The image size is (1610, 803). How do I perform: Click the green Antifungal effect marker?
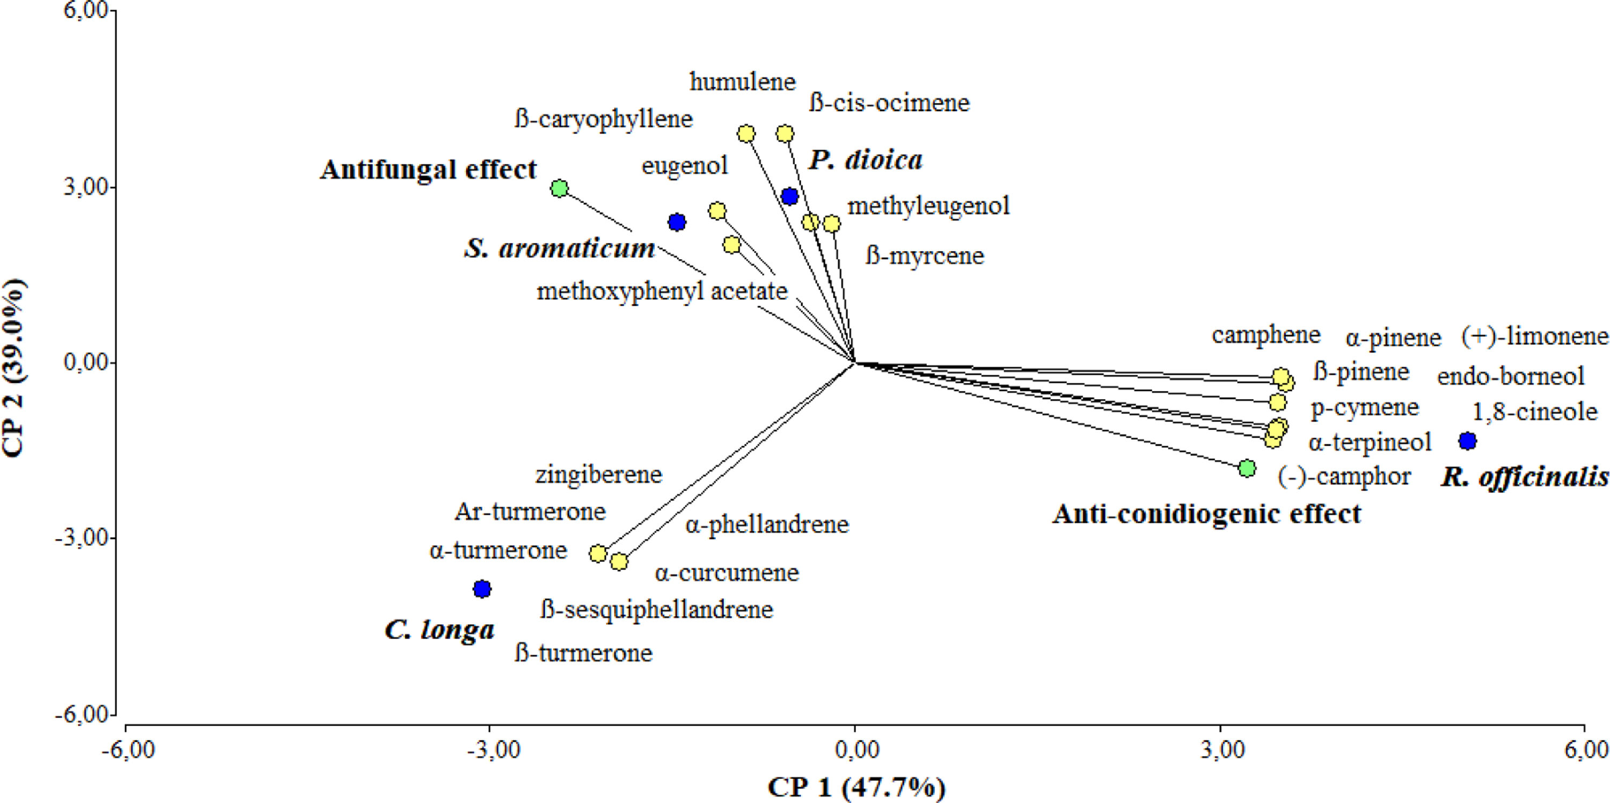[559, 188]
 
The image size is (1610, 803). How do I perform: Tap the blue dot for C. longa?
[482, 588]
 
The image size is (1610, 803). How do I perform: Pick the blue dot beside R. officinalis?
[1467, 440]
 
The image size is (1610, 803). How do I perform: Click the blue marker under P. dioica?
[790, 197]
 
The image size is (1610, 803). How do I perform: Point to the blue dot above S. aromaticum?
[677, 222]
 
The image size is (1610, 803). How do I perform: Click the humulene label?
[743, 82]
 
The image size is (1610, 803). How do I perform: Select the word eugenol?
[685, 166]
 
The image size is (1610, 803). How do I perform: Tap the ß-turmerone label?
[584, 653]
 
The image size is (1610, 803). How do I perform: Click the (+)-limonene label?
[1534, 337]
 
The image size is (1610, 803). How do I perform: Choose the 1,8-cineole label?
[1535, 412]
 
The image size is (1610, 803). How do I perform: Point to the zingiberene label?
[599, 475]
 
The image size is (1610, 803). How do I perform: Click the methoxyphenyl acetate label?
[662, 291]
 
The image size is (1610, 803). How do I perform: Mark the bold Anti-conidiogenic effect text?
[1206, 514]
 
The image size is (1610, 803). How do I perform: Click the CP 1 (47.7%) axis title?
[856, 787]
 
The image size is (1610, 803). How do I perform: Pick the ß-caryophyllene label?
[604, 119]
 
